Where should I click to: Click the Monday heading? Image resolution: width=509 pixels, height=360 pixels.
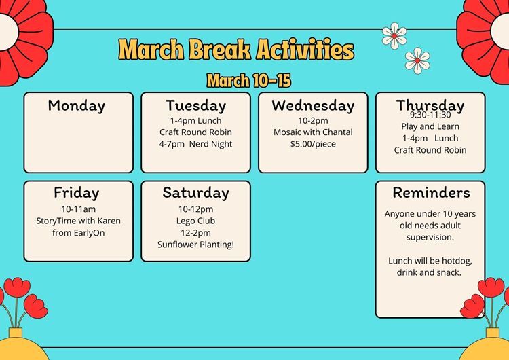coord(77,105)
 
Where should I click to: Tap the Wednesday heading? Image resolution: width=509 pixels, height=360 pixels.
coord(313,105)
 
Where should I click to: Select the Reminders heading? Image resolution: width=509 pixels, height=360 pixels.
coord(431,192)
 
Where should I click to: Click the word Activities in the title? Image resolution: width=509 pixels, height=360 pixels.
coord(305,50)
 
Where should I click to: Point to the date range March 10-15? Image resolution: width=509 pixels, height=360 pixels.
coord(248,80)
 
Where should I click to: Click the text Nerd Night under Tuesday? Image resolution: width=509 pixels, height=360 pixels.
coord(210,144)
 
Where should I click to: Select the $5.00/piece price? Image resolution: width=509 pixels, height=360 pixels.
coord(313,144)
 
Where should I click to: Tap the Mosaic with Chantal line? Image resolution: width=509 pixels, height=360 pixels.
coord(313,132)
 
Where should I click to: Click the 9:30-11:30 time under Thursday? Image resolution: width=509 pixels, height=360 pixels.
coord(430,115)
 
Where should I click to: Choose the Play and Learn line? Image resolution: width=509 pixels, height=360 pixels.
coord(430,126)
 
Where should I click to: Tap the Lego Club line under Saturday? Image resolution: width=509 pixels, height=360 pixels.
coord(195,221)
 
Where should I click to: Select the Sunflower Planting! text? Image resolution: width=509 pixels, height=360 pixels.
coord(195,245)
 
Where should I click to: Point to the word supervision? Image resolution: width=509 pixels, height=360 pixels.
coord(430,238)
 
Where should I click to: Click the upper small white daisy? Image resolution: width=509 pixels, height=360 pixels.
coord(394,36)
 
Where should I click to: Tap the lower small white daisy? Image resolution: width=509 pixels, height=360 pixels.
coord(417,60)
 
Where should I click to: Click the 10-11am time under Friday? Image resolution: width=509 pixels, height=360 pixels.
coord(79,209)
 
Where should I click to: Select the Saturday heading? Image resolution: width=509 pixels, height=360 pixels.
coord(195,192)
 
